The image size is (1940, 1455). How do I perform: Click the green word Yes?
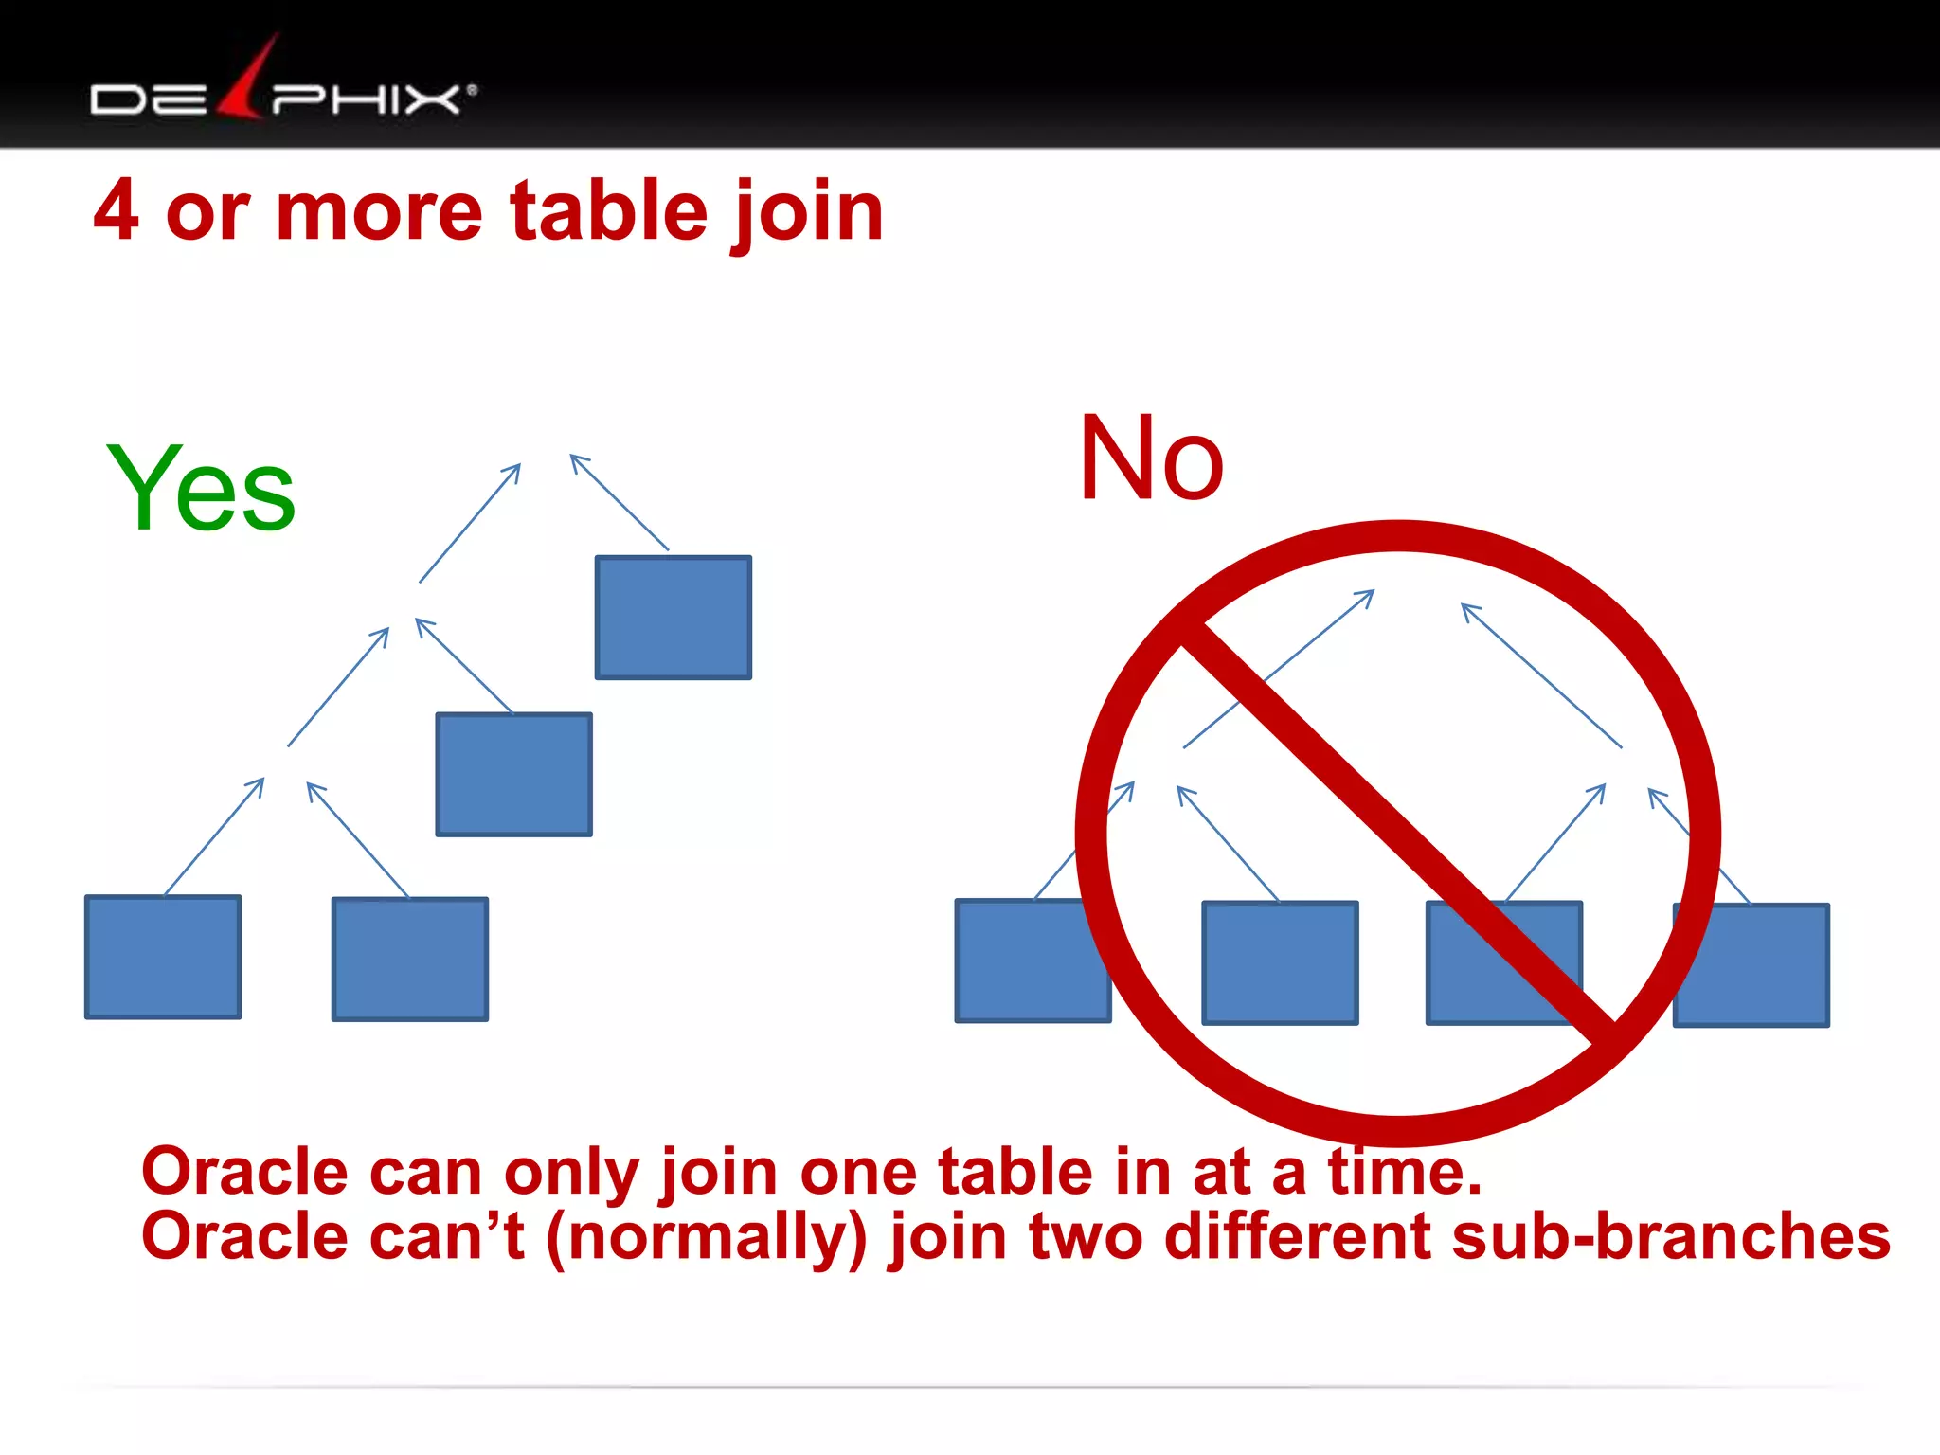pyautogui.click(x=201, y=489)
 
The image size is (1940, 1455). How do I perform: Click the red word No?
pyautogui.click(x=1151, y=459)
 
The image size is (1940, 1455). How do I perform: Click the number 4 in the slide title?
pyautogui.click(x=117, y=211)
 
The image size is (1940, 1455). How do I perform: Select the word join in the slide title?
pyautogui.click(x=807, y=213)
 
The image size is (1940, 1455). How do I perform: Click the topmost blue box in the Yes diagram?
pyautogui.click(x=673, y=618)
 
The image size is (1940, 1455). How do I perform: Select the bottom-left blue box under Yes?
pyautogui.click(x=163, y=957)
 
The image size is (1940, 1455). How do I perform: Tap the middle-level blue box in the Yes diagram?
pyautogui.click(x=513, y=775)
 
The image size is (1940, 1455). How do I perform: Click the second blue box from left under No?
pyautogui.click(x=1280, y=962)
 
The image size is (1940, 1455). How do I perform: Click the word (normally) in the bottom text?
pyautogui.click(x=707, y=1237)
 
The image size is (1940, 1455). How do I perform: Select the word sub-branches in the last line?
pyautogui.click(x=1671, y=1237)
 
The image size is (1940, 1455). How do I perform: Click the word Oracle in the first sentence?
pyautogui.click(x=244, y=1173)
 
